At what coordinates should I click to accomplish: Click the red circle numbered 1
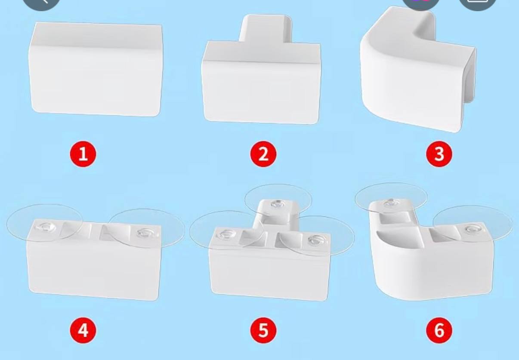tap(83, 154)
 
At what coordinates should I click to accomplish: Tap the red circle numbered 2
tap(263, 154)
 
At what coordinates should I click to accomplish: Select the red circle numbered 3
tap(439, 154)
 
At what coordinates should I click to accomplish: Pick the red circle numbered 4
tap(83, 330)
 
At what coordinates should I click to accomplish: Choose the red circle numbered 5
tap(263, 330)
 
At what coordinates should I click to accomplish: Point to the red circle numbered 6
tap(439, 330)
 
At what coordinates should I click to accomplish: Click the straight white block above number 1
tap(96, 69)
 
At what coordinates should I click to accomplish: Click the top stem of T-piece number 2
tap(266, 28)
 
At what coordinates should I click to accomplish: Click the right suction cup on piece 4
tap(147, 228)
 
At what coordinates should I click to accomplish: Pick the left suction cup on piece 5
tap(226, 231)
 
